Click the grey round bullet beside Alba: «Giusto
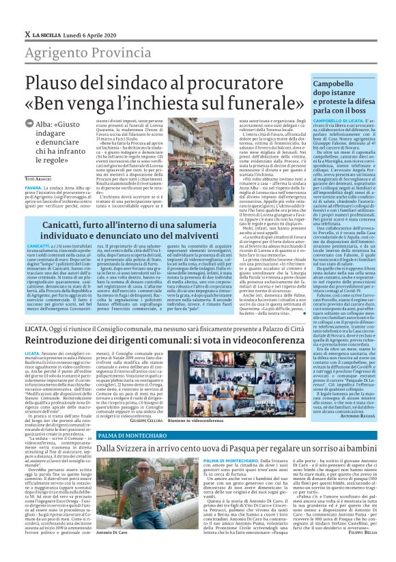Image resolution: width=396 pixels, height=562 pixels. tap(29, 125)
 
